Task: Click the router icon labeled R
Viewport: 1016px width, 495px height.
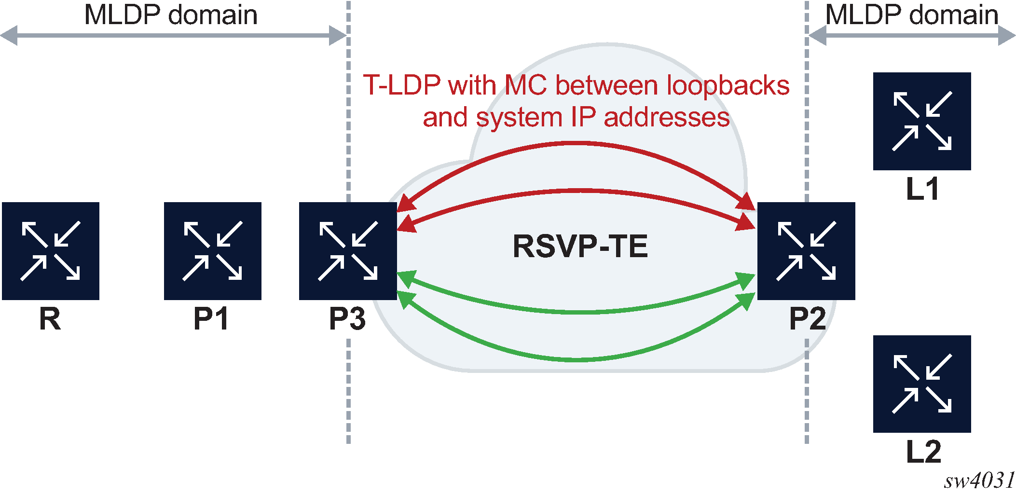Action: [x=51, y=251]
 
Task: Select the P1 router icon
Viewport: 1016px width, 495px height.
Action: [x=213, y=251]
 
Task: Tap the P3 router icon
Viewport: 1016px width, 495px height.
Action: [x=348, y=251]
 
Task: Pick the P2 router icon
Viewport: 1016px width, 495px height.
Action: [x=806, y=251]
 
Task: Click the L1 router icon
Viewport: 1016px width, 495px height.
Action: [x=922, y=121]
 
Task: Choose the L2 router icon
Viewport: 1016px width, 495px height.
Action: [x=922, y=384]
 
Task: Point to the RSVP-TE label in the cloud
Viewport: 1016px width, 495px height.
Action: [x=580, y=246]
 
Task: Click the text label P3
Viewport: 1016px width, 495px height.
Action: [x=347, y=319]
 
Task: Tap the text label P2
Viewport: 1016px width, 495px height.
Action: [x=808, y=319]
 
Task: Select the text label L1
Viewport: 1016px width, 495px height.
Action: [x=922, y=189]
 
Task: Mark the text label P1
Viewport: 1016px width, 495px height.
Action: [x=211, y=319]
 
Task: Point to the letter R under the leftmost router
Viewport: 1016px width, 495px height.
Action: [x=50, y=319]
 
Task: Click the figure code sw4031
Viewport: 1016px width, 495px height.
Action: [x=979, y=481]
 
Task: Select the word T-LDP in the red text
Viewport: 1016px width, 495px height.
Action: [x=402, y=85]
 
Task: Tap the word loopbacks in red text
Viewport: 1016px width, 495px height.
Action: [x=728, y=86]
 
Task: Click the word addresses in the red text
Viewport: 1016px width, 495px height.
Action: [x=667, y=117]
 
